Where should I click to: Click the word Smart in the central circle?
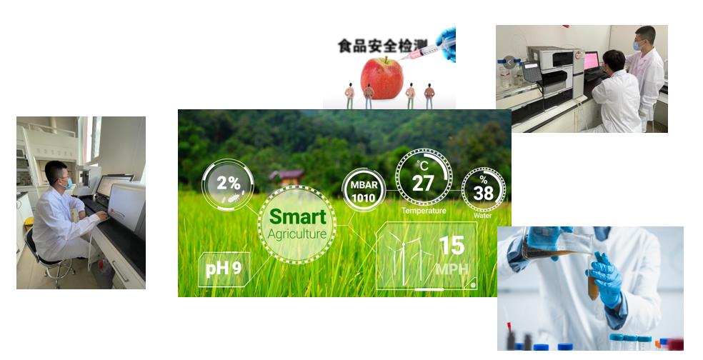tap(298, 216)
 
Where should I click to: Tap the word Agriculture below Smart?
tap(296, 234)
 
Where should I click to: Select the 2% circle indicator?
tap(228, 185)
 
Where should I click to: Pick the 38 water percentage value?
tap(483, 194)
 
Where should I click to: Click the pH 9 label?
tap(224, 269)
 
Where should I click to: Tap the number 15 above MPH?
tap(452, 245)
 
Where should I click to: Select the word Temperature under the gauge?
tap(424, 211)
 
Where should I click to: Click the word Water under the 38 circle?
tap(482, 216)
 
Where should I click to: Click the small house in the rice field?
tap(286, 177)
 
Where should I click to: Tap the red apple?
tap(382, 78)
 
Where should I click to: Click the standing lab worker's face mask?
tap(637, 46)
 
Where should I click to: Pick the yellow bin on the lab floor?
tap(29, 223)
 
